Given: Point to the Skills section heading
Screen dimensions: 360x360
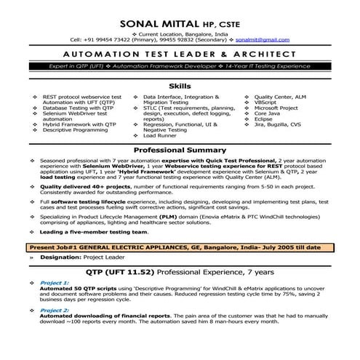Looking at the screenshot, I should point(180,85).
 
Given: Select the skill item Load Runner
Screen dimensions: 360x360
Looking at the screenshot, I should point(160,135).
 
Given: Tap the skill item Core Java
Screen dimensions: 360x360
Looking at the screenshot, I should point(268,116).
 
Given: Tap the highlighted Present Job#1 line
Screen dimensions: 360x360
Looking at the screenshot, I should point(175,247).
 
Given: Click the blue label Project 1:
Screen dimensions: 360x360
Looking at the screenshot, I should point(54,282).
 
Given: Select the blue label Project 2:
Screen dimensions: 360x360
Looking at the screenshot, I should point(54,310).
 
